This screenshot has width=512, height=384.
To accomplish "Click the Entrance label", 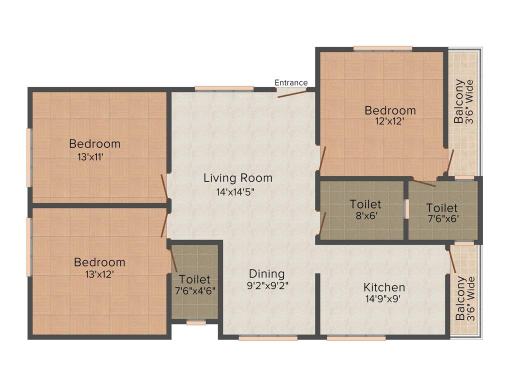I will [x=291, y=82].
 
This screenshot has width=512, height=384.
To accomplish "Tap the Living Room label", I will [x=237, y=178].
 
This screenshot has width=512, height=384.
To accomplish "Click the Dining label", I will [x=266, y=274].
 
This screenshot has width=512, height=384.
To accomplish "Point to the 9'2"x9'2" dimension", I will [x=267, y=286].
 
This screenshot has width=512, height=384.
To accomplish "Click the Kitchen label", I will [x=384, y=287].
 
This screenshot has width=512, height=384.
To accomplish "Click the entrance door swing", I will [x=291, y=93].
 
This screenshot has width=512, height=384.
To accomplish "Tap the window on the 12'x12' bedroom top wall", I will [x=382, y=48].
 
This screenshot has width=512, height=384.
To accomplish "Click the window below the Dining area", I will [x=268, y=338].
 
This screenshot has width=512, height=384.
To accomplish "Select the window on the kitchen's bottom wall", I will [x=356, y=338].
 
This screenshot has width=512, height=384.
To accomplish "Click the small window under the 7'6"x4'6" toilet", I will [x=196, y=323].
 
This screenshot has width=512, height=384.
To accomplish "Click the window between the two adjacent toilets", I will [x=406, y=209].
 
